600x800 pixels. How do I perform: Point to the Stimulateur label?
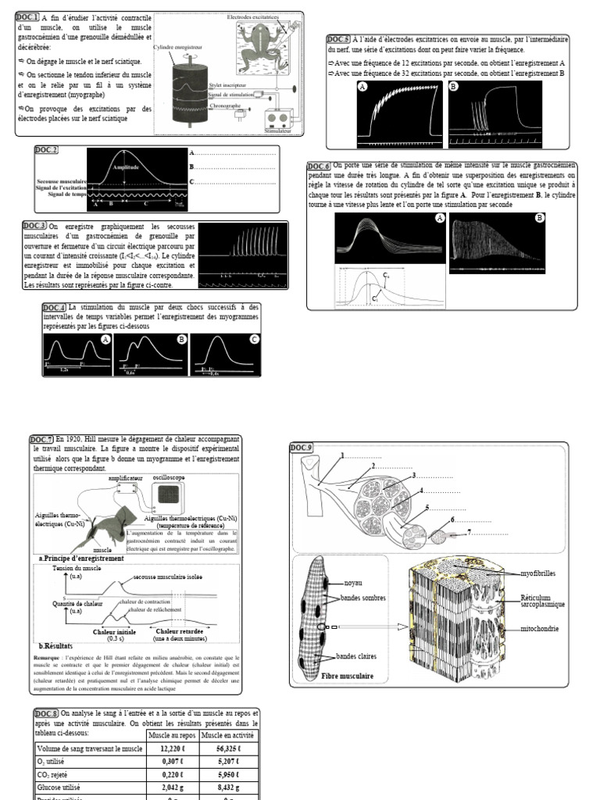pyautogui.click(x=279, y=132)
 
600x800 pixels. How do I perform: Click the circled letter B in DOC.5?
pyautogui.click(x=454, y=88)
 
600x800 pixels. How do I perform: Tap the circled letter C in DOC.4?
pyautogui.click(x=254, y=341)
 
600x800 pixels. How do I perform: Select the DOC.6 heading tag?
pyautogui.click(x=319, y=166)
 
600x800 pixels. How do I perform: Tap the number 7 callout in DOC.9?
pyautogui.click(x=470, y=532)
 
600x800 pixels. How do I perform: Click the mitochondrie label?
pyautogui.click(x=540, y=629)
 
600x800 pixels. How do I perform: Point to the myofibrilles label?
pyautogui.click(x=541, y=574)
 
